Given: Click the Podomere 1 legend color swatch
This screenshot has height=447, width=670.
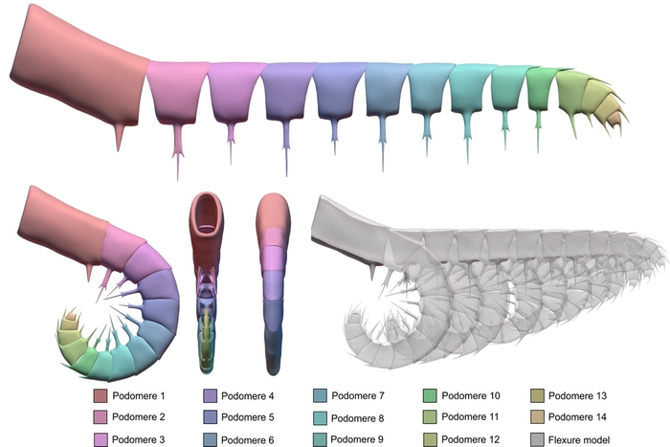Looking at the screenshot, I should tap(100, 395).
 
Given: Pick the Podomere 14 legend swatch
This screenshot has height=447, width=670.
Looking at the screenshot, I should tap(538, 417).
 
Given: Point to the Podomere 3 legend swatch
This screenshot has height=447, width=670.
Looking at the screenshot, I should tap(100, 439).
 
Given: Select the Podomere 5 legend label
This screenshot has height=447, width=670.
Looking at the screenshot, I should tap(247, 417).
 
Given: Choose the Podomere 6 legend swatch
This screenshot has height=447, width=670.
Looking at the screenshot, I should tap(210, 439).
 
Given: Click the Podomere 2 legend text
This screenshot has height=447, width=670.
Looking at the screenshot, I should tap(138, 417).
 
